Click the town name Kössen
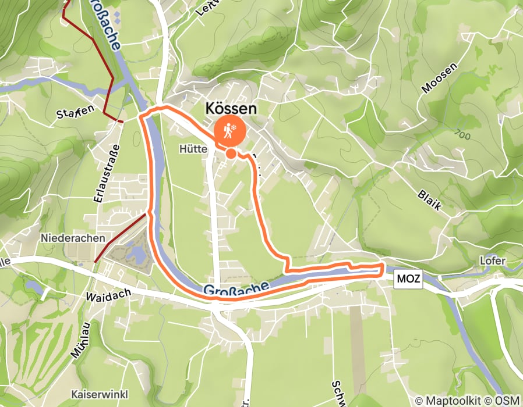coord(231,109)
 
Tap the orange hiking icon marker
coord(230,131)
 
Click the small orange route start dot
coord(231,153)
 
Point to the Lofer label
coord(492,261)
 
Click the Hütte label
coord(193,149)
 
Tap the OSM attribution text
coord(508,401)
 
